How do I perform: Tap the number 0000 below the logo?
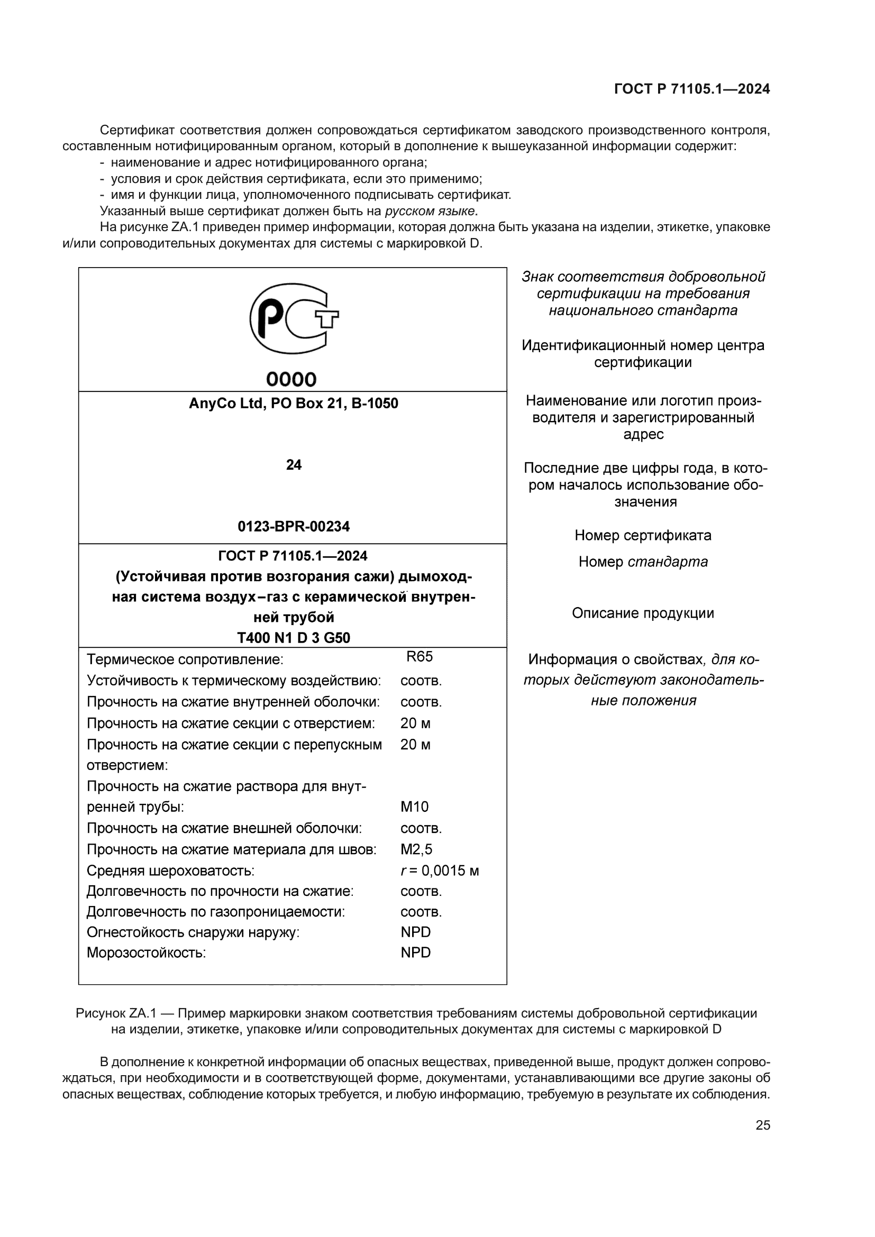(291, 379)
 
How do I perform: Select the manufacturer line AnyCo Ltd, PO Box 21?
(293, 404)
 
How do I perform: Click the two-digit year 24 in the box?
(294, 465)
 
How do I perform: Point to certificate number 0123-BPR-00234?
(294, 526)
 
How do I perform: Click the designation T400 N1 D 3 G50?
(294, 638)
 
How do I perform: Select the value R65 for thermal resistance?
(419, 657)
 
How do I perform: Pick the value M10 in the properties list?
(414, 807)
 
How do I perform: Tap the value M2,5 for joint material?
(416, 850)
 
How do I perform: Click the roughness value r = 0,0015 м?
(439, 871)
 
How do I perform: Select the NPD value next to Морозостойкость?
(415, 952)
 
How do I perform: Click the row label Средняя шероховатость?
(170, 871)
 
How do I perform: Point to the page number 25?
(763, 1125)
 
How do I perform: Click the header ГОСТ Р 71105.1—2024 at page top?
(692, 89)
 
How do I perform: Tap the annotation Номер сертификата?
(643, 536)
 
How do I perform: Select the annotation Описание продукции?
(643, 613)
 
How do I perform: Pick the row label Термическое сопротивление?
(185, 659)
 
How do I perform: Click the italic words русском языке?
(431, 210)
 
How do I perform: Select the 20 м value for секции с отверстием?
(415, 723)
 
